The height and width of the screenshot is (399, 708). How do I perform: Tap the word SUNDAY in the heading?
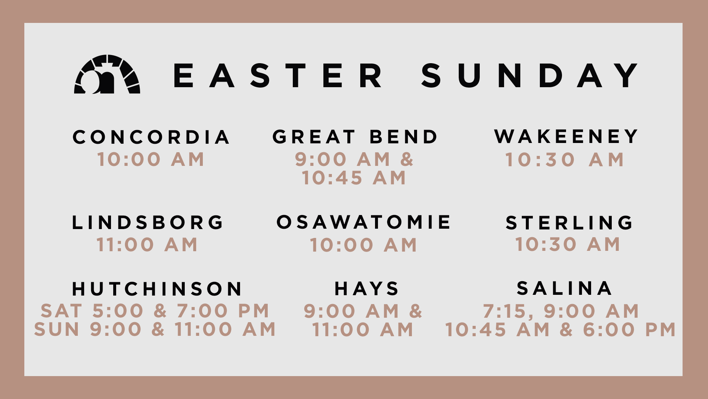(x=530, y=75)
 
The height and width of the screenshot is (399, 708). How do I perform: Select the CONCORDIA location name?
(x=151, y=137)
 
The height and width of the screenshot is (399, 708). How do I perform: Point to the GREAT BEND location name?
(x=355, y=137)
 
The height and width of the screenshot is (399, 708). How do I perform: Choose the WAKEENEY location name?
(x=566, y=136)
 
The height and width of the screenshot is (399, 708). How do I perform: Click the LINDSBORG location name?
(x=147, y=222)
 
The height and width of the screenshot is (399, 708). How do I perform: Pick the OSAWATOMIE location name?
(x=364, y=222)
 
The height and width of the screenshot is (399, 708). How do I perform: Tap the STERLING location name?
(x=569, y=223)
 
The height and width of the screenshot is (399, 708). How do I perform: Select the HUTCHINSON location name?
(x=157, y=289)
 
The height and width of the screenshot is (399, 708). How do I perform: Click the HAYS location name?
(x=367, y=289)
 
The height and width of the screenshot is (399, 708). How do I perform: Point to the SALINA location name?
(x=565, y=288)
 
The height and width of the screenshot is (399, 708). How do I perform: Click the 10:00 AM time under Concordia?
(x=151, y=160)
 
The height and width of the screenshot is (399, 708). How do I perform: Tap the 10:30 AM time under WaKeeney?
(x=565, y=160)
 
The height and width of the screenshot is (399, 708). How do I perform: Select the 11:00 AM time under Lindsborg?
(x=147, y=245)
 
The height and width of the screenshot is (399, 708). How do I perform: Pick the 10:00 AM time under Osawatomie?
(x=364, y=245)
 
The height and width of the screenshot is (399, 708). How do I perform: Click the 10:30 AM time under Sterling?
(x=568, y=245)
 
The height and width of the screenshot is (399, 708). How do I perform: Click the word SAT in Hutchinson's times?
(x=61, y=311)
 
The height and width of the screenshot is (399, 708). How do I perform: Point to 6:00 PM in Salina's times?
(x=629, y=330)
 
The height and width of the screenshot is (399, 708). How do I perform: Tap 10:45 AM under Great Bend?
(x=354, y=178)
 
